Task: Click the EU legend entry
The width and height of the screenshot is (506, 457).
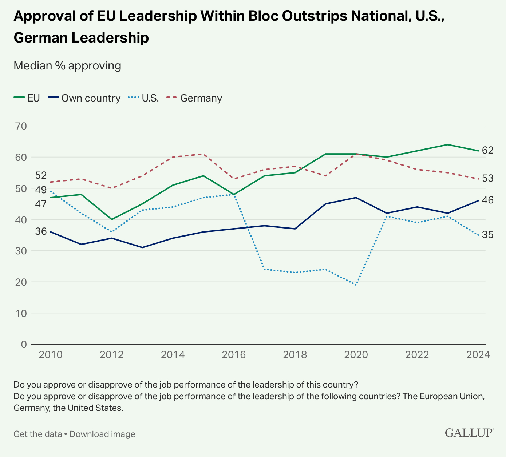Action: (27, 98)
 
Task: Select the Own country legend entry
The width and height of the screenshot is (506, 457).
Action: (85, 98)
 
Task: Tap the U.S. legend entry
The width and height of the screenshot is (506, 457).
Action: (144, 98)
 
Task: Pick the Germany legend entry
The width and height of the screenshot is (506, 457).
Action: (195, 98)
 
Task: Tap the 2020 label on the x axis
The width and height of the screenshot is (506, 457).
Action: (356, 355)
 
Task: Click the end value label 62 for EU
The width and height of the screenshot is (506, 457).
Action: (487, 150)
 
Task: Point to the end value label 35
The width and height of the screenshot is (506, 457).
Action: (487, 235)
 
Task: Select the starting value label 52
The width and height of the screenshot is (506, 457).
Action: (41, 175)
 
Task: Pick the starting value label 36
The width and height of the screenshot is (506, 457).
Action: (41, 231)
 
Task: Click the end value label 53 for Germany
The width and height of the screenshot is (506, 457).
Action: (487, 178)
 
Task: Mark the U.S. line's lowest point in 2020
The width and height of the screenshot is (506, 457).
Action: (356, 285)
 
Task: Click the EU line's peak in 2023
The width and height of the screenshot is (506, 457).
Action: (447, 144)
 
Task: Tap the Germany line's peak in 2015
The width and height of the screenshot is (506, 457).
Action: (203, 154)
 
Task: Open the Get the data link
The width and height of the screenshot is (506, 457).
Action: (37, 434)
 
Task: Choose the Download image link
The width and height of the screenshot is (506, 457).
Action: (102, 434)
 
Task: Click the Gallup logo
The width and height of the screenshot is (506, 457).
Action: (469, 433)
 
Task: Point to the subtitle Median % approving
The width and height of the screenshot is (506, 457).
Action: (67, 66)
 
